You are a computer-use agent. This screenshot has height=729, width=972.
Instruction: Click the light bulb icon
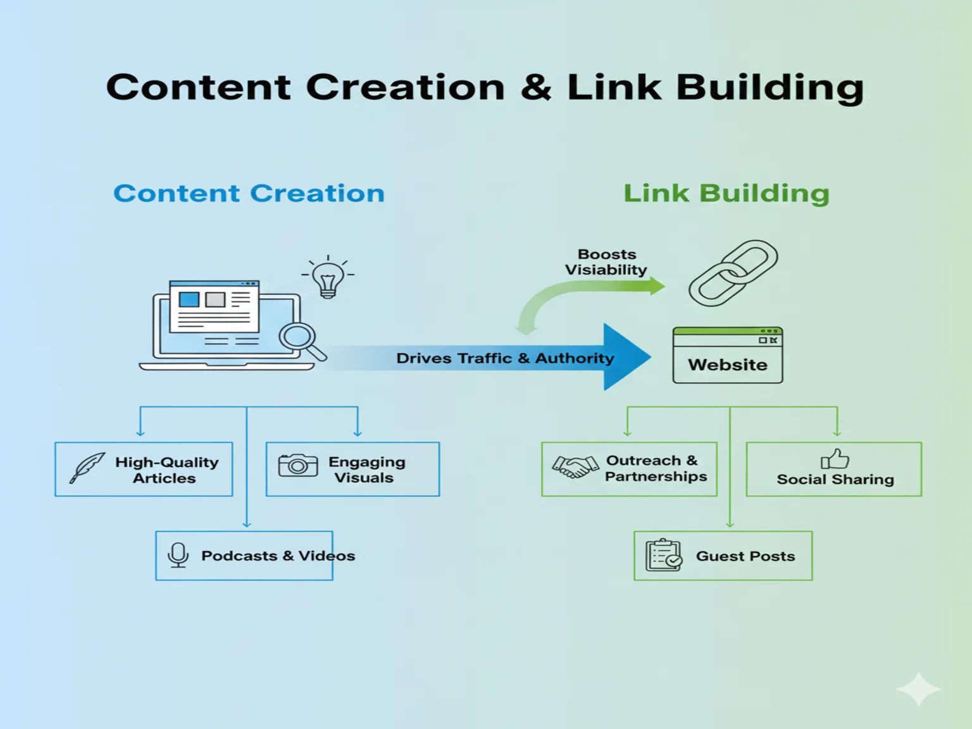pos(328,278)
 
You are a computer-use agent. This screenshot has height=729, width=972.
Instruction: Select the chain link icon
pos(733,273)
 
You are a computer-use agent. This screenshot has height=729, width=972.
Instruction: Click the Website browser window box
pos(728,356)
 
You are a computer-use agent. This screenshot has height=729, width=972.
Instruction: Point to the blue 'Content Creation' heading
pos(249,193)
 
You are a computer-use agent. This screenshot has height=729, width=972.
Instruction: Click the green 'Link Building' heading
pos(726,193)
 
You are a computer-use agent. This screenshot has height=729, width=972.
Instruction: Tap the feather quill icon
pos(87,468)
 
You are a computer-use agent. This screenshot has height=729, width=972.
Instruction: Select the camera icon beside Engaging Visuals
pos(297,465)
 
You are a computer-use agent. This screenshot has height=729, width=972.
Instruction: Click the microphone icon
pos(178,555)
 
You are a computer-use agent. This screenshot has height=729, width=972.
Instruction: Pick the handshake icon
pos(575,467)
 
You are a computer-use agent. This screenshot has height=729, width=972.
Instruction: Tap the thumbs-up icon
pos(835,458)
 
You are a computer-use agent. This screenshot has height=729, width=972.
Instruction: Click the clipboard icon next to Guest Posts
pos(663,555)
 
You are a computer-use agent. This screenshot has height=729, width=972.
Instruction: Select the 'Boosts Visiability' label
pos(606,262)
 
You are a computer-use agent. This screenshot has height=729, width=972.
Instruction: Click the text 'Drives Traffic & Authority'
pos(505,358)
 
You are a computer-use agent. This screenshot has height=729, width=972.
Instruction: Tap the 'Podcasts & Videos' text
pos(278,556)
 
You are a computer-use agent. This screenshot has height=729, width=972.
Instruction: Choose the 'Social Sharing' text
pos(835,480)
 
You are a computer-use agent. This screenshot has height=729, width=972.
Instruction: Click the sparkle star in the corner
pos(918,689)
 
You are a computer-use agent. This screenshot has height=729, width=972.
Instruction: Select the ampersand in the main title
pos(536,87)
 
